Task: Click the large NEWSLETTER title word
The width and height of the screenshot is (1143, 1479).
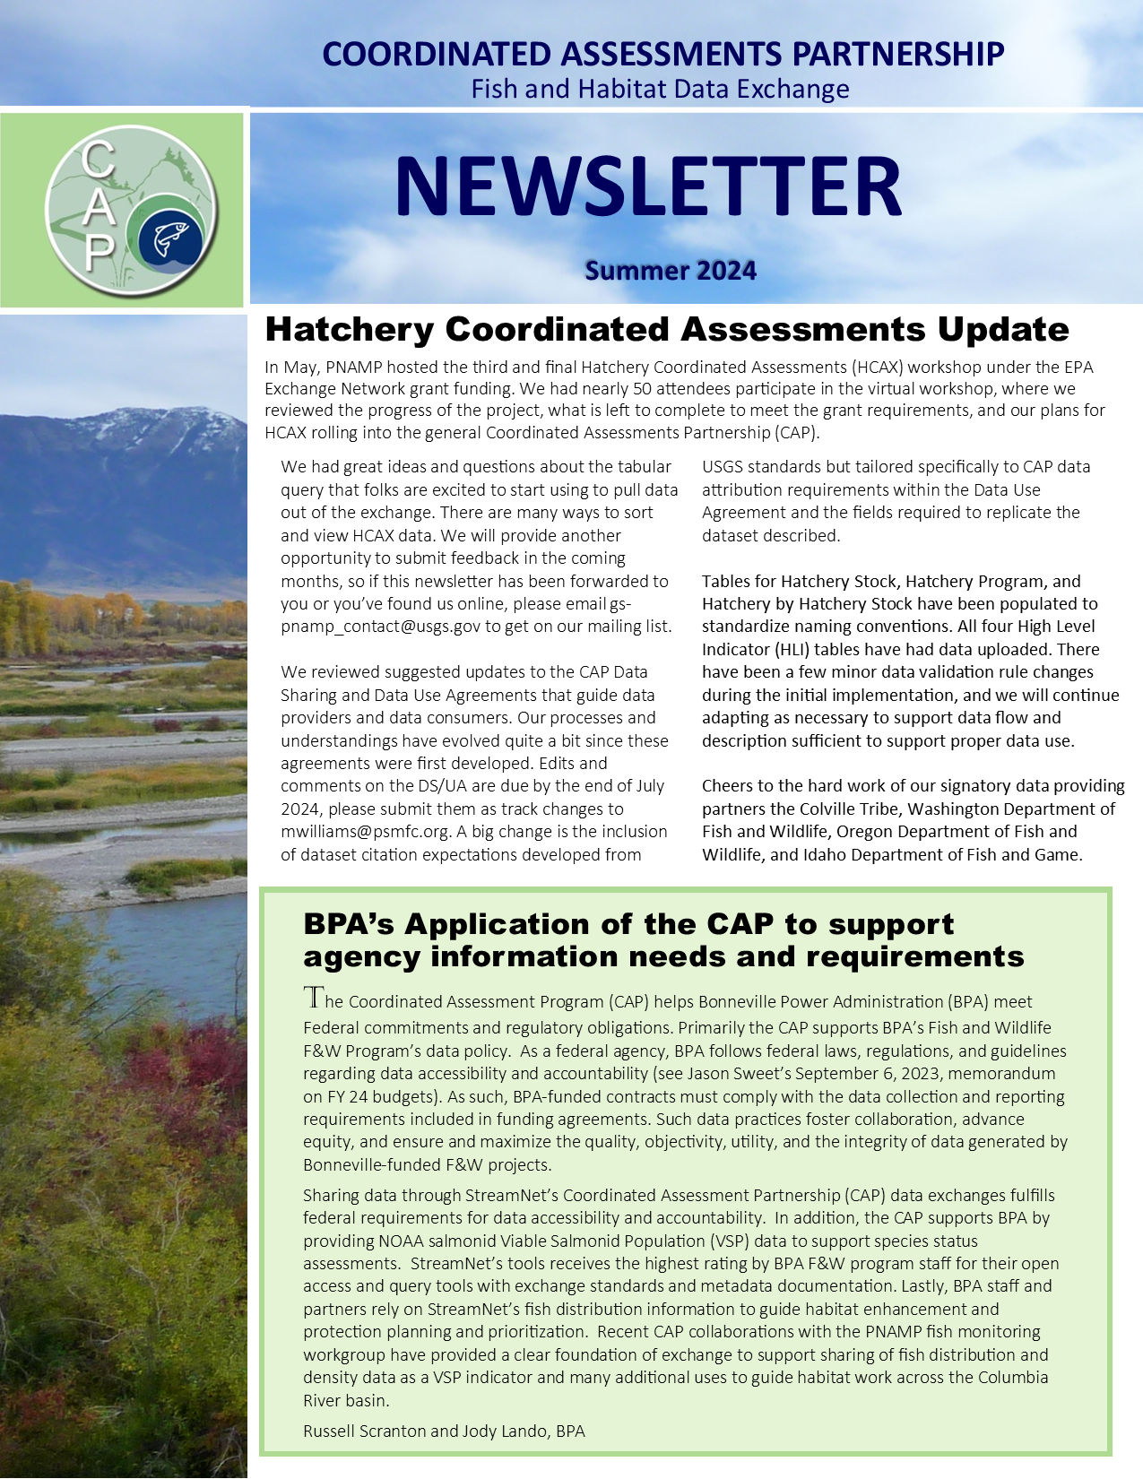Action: [647, 187]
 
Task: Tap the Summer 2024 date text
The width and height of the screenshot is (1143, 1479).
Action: [671, 271]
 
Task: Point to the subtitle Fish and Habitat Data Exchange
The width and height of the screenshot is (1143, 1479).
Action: [660, 89]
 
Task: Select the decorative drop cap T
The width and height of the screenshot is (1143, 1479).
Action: [313, 997]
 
